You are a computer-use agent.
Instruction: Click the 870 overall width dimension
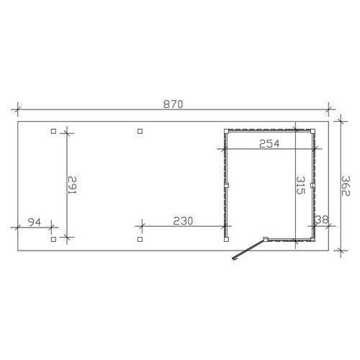point(173,104)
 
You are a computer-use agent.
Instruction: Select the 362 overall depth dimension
point(346,186)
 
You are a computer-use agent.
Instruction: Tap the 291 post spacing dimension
point(72,185)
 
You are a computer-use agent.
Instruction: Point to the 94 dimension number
point(35,222)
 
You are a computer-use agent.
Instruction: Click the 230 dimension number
point(183,221)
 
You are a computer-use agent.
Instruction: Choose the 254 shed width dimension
point(269,144)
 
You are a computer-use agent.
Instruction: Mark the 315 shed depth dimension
point(300,185)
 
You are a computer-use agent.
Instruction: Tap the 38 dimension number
point(321,220)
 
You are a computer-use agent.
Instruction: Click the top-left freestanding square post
point(53,131)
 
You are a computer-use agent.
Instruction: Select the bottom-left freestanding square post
point(53,239)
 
